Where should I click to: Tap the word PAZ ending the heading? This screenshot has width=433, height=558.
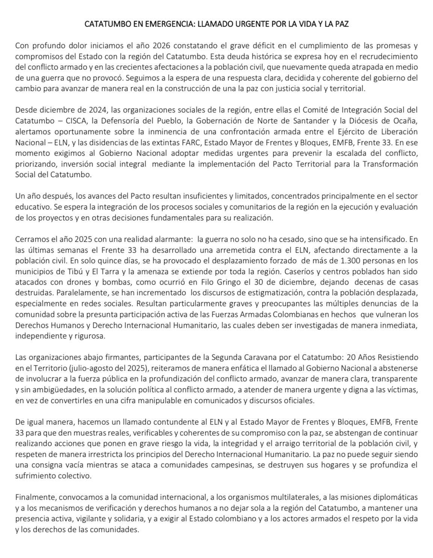point(342,24)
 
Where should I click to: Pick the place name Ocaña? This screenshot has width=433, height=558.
point(407,121)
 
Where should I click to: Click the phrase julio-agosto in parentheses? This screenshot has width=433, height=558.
point(81,368)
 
